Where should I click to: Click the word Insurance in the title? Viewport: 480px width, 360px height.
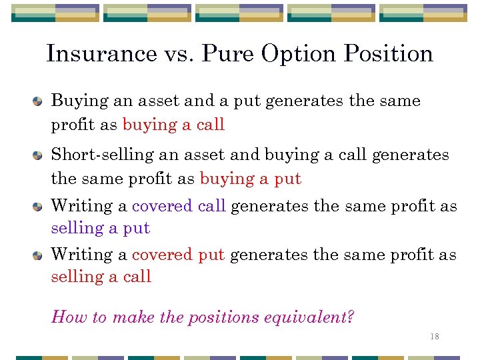tap(101, 53)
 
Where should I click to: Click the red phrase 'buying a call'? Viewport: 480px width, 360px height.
tap(173, 125)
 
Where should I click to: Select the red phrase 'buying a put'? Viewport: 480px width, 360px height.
tap(251, 179)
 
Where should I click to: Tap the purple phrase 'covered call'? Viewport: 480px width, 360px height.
tap(179, 206)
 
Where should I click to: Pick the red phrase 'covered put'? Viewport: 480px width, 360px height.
tap(178, 255)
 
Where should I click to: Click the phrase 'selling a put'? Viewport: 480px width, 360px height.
tap(101, 228)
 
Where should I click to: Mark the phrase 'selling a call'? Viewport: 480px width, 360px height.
tap(101, 277)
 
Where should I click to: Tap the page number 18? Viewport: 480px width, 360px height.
tap(435, 337)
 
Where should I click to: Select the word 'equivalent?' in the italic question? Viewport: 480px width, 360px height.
tap(313, 317)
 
